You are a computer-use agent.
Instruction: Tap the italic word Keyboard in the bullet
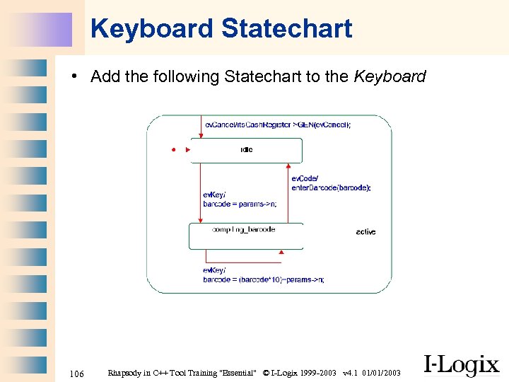(x=390, y=76)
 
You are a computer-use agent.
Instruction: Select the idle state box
(x=246, y=150)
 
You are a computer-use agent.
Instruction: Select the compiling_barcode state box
(x=246, y=236)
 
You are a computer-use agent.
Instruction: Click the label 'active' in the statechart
(x=365, y=232)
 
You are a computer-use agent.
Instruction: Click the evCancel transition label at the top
(x=277, y=125)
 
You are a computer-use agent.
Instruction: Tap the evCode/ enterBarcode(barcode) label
(x=330, y=183)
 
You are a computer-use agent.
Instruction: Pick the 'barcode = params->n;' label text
(x=240, y=204)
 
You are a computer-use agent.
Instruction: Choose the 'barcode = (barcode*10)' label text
(x=263, y=279)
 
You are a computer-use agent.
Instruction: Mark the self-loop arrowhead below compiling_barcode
(x=280, y=252)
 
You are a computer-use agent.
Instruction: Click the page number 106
(x=77, y=373)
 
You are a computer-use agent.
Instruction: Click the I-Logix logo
(x=461, y=365)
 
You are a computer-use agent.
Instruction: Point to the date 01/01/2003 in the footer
(x=382, y=373)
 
